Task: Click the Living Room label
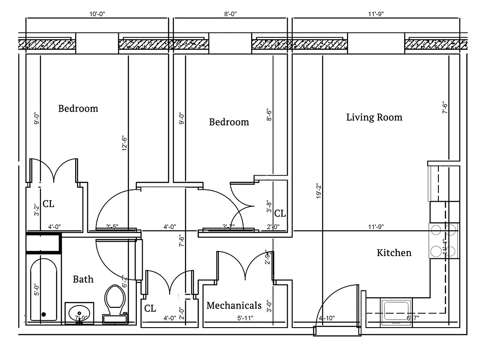(x=374, y=117)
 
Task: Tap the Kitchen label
(x=394, y=253)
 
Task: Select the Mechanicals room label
(x=234, y=306)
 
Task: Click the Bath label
(x=83, y=279)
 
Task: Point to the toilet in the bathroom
(x=115, y=301)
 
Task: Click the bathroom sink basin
(x=80, y=311)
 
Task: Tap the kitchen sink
(x=396, y=310)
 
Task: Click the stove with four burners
(x=444, y=241)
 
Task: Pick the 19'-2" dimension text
(x=318, y=191)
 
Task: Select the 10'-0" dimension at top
(x=97, y=14)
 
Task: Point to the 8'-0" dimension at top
(x=230, y=14)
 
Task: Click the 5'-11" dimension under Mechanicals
(x=245, y=318)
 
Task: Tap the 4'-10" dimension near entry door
(x=327, y=318)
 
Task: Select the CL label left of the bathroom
(x=150, y=309)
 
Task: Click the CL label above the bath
(x=49, y=204)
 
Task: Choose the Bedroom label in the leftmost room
(x=78, y=108)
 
